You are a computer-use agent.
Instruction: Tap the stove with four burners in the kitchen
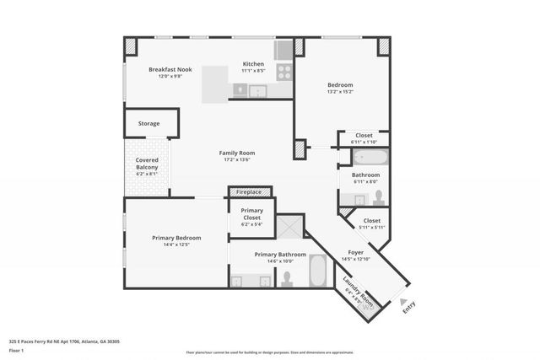(x=284, y=72)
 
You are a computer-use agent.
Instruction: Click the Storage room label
(x=148, y=124)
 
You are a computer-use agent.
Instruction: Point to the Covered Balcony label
(x=148, y=163)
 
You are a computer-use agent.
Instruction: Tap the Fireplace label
(x=249, y=192)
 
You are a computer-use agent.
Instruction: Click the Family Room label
(x=237, y=153)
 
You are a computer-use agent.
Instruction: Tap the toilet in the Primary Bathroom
(x=288, y=278)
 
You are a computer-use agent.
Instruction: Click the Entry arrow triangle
(x=404, y=300)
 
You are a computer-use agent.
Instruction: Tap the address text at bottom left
(x=63, y=341)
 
